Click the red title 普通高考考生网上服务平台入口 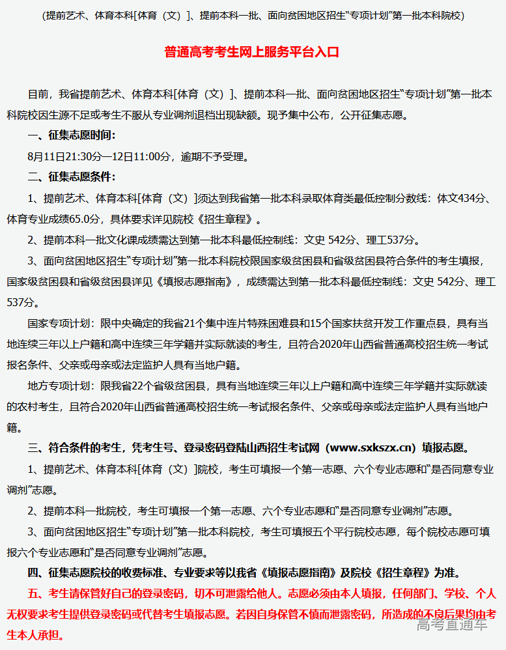click(252, 52)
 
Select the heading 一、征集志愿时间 click(72, 135)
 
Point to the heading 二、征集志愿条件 click(72, 177)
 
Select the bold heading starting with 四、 click(244, 573)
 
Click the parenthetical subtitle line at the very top click(253, 14)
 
